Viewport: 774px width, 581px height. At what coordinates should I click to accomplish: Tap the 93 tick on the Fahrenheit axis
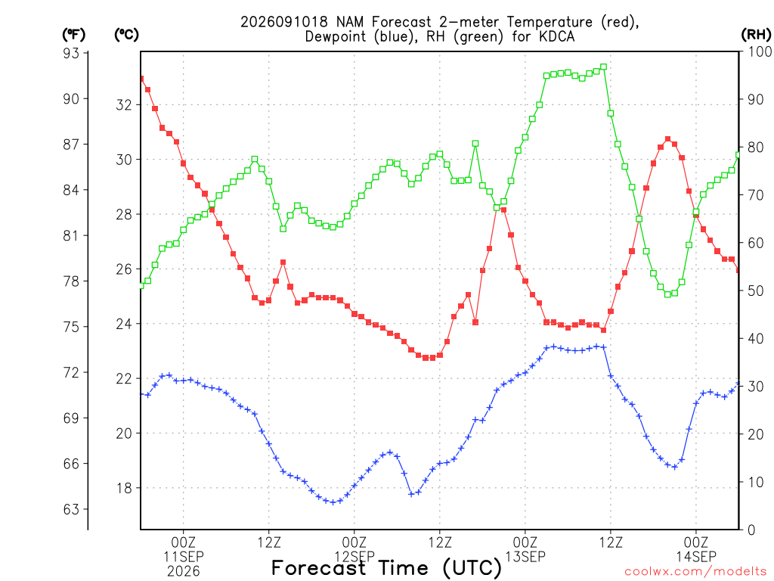point(71,53)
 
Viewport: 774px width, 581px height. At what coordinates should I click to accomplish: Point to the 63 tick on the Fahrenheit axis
point(71,509)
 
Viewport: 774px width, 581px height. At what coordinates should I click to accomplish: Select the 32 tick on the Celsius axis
point(125,104)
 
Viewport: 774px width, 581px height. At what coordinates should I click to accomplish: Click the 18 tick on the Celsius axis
point(125,488)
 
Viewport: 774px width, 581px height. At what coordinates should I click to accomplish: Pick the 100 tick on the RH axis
point(760,51)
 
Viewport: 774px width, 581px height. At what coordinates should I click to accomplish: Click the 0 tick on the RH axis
point(751,530)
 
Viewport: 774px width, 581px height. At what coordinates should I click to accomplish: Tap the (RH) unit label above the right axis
point(756,35)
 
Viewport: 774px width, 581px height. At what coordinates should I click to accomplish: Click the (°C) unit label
point(126,35)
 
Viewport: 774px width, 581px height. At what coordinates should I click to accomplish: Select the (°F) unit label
point(73,35)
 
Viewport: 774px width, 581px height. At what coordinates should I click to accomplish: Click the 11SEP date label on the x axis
point(184,556)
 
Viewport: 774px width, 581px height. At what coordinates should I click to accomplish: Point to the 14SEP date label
point(696,556)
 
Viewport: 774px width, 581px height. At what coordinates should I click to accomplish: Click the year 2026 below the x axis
point(184,572)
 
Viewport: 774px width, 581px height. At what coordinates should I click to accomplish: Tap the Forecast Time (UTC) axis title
point(386,568)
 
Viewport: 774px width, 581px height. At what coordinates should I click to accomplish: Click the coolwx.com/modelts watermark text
point(698,572)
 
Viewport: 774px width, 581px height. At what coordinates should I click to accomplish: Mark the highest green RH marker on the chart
point(603,67)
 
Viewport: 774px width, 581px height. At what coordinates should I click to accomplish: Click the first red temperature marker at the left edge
point(141,79)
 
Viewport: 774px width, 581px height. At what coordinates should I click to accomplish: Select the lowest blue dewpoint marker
point(333,502)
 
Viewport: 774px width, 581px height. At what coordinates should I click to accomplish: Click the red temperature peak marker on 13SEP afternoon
point(668,139)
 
